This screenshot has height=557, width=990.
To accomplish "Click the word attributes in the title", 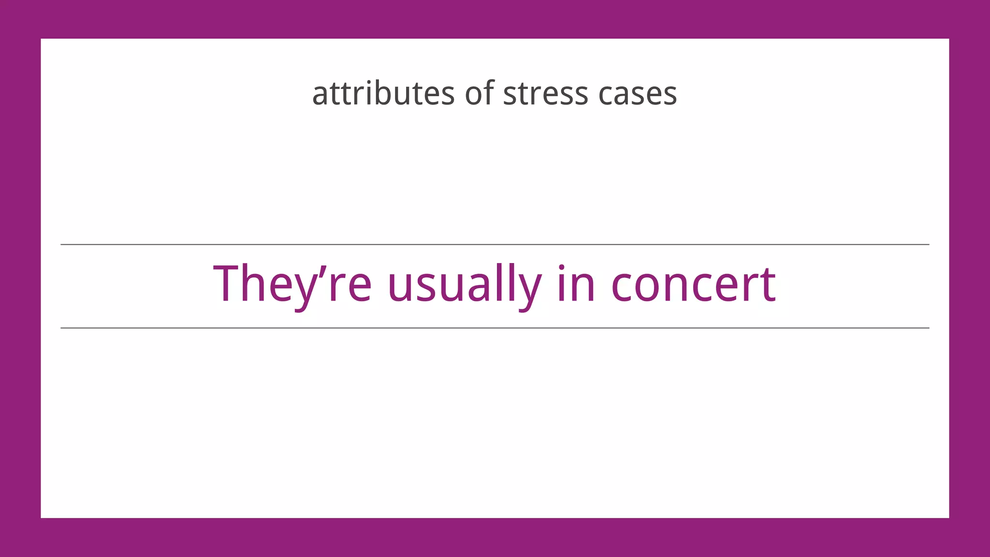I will click(x=383, y=93).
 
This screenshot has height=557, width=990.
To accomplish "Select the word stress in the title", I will click(x=545, y=93).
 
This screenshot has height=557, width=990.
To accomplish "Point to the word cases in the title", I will click(x=637, y=94).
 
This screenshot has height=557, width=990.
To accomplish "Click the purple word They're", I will click(x=292, y=284).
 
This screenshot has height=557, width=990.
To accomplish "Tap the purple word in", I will click(x=576, y=284).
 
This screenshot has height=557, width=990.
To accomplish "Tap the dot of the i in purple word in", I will click(x=562, y=267).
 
